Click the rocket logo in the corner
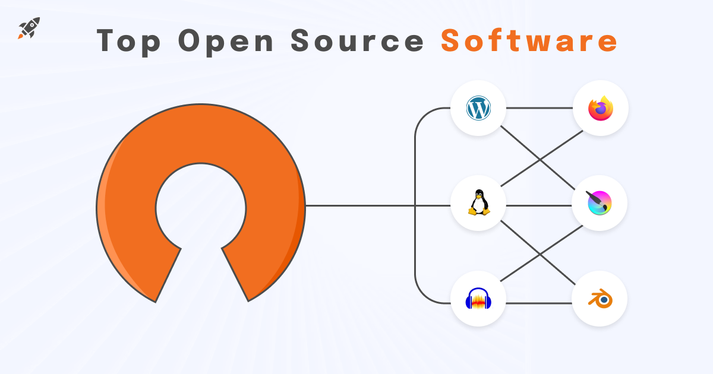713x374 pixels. (29, 28)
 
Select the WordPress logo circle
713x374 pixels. (478, 108)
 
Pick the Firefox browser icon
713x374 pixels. (600, 109)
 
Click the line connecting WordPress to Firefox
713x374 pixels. (538, 109)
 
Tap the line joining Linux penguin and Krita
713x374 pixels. (538, 206)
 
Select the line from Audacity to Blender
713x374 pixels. (538, 303)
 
